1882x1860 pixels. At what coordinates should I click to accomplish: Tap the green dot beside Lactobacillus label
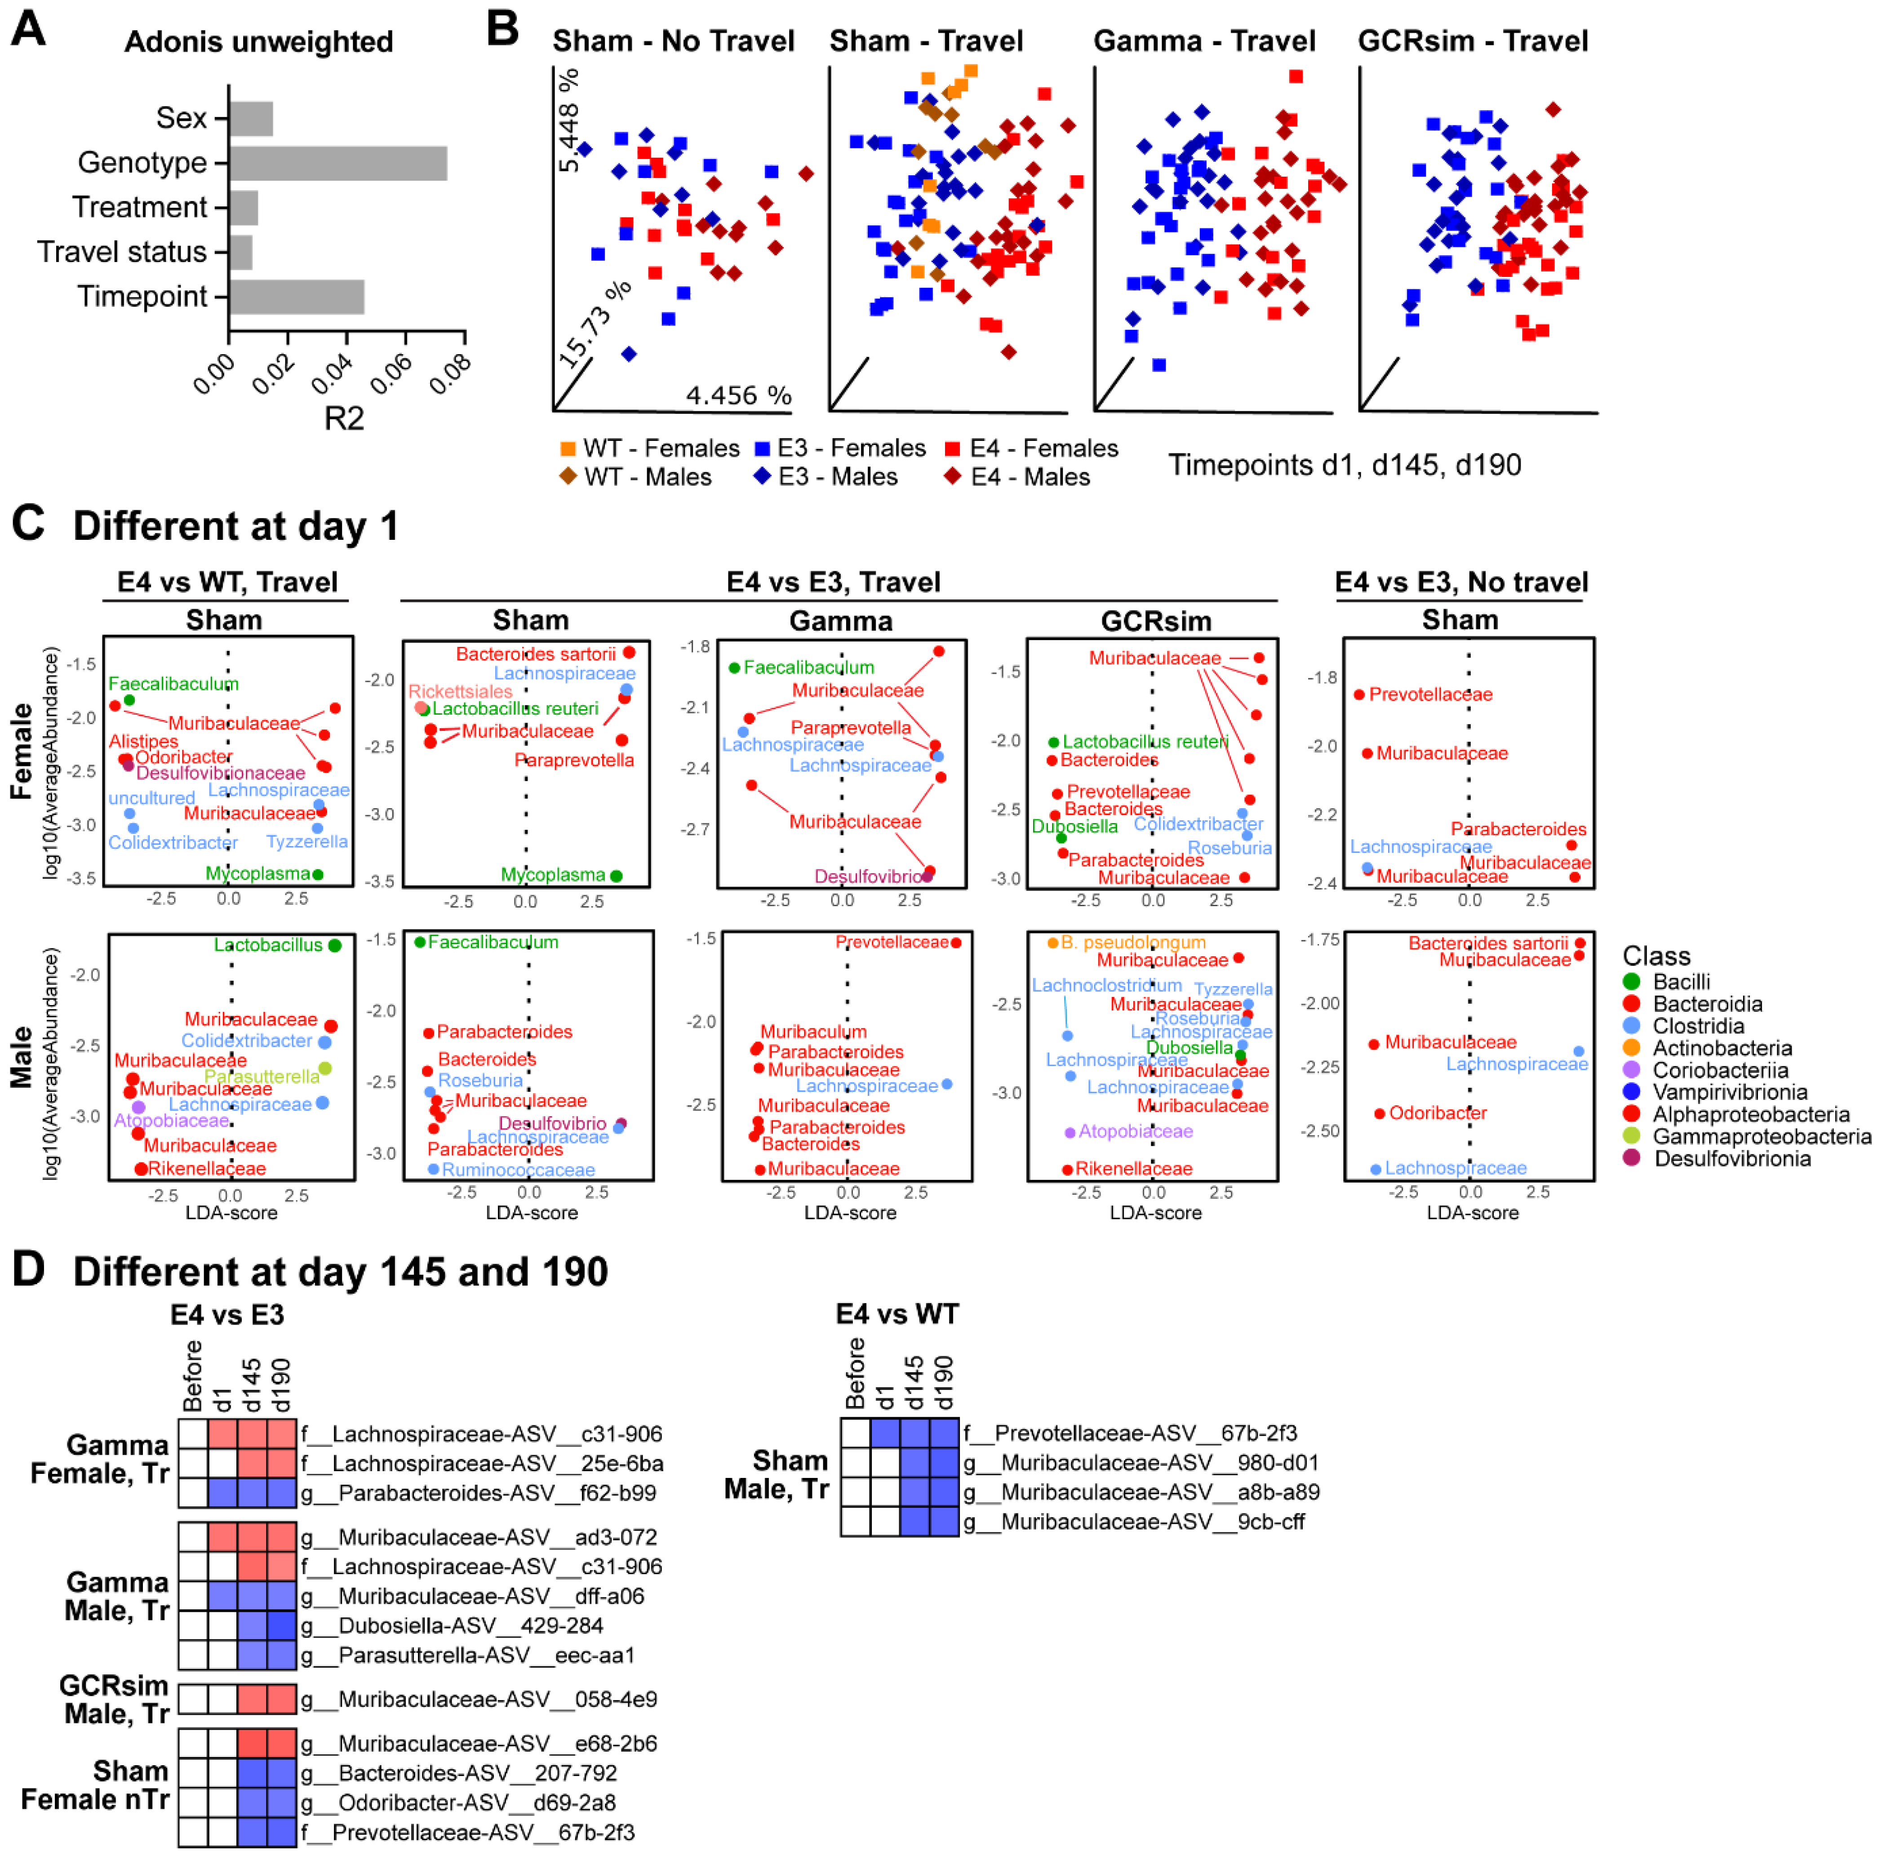coord(334,945)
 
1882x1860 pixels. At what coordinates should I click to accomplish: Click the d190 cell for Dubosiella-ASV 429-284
coord(281,1625)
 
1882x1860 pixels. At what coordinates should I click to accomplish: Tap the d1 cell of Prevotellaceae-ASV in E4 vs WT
coord(884,1432)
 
